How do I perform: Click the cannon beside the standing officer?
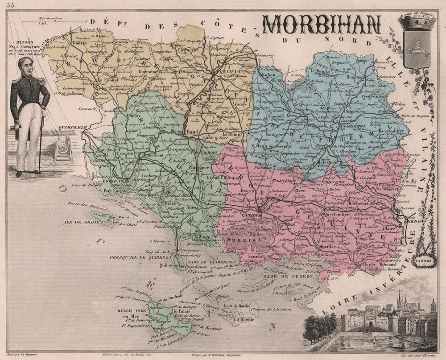tap(58, 145)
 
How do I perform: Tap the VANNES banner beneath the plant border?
tap(424, 257)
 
